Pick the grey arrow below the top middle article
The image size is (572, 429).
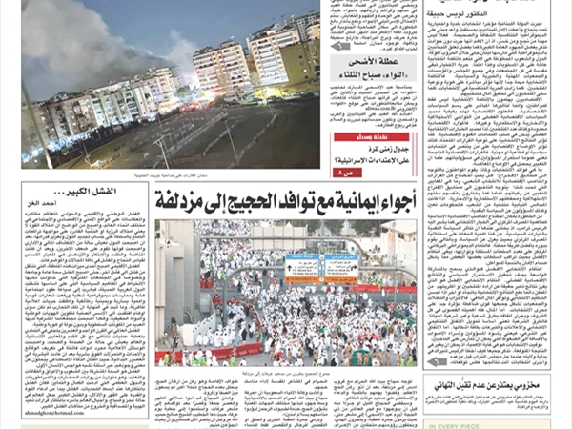point(340,46)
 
